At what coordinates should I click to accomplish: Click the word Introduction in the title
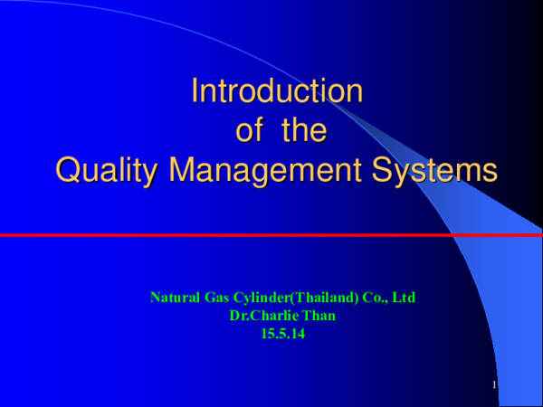pos(277,91)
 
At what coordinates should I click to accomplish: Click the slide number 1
pos(495,386)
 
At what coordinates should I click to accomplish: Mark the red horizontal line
pos(271,235)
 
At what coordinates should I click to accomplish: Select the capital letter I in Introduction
pos(195,91)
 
